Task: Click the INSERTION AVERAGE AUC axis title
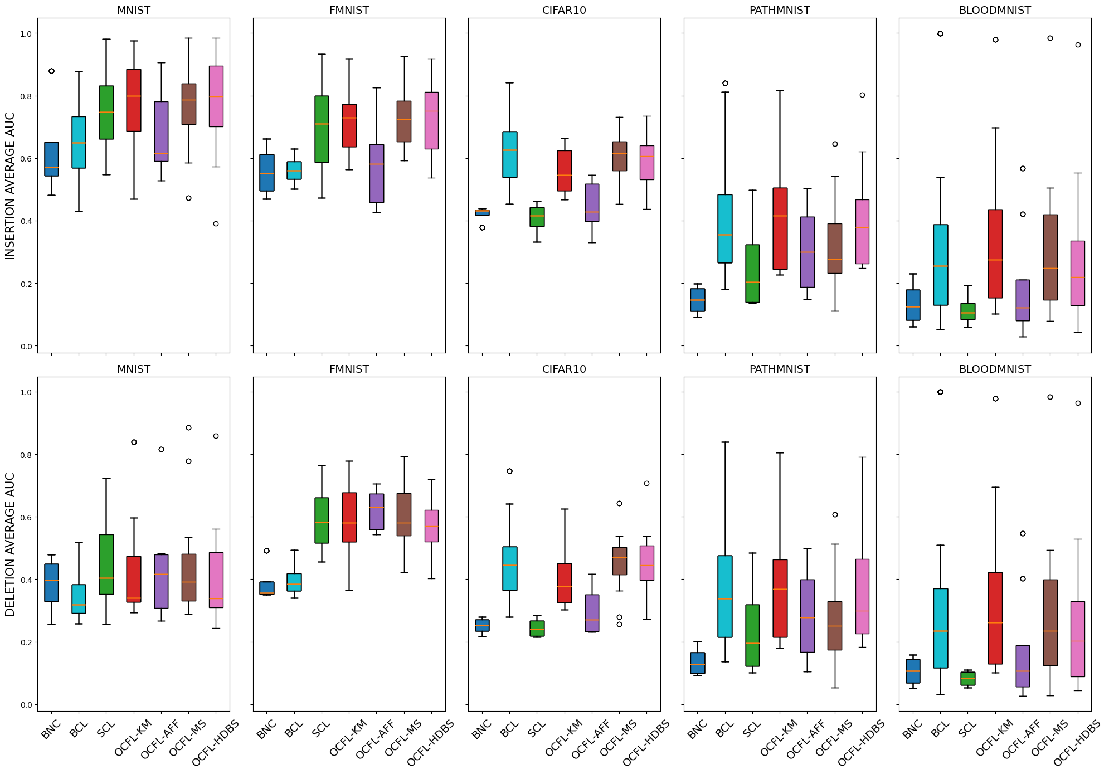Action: click(x=10, y=186)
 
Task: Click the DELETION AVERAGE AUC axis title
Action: click(x=10, y=544)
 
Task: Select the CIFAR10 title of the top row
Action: click(x=564, y=11)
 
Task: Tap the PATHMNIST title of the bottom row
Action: click(x=780, y=369)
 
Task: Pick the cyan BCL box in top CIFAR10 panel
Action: click(x=509, y=154)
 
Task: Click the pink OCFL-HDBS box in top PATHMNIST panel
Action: click(x=862, y=232)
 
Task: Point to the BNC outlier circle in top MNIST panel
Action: click(x=52, y=71)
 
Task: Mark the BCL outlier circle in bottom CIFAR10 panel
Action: click(x=509, y=471)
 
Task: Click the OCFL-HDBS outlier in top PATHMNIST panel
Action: click(x=862, y=95)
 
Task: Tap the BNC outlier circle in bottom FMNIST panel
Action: click(x=266, y=551)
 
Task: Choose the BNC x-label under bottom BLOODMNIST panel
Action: click(x=912, y=729)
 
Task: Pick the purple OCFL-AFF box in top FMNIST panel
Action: click(x=377, y=173)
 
